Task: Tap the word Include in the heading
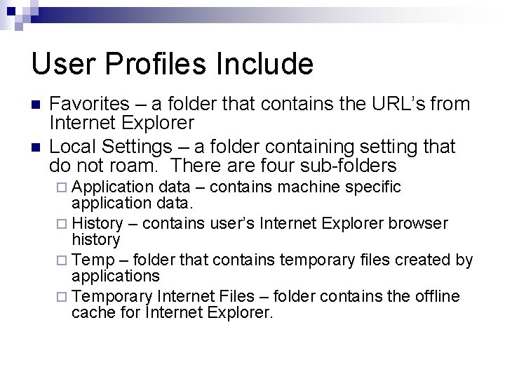(x=265, y=65)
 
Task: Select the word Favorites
(x=89, y=105)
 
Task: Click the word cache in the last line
(x=88, y=313)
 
